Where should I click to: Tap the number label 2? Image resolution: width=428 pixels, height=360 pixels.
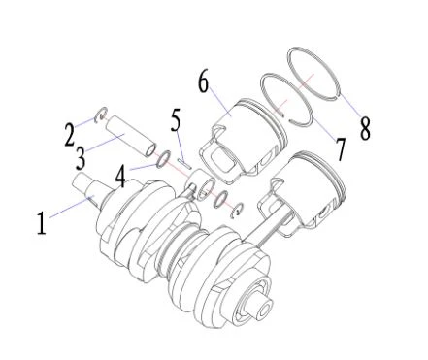click(69, 135)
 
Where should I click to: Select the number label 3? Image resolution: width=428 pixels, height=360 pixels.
click(81, 158)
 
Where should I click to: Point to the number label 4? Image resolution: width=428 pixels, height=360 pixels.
click(120, 177)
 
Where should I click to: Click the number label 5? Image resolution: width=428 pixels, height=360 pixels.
click(176, 120)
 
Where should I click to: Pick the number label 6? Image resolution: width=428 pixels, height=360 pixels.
click(203, 82)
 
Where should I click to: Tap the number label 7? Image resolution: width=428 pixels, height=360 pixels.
click(341, 149)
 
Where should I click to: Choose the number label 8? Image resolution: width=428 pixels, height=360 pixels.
click(365, 128)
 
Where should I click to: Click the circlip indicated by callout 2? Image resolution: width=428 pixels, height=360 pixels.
click(101, 115)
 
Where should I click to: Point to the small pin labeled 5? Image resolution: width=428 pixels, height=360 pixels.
click(184, 163)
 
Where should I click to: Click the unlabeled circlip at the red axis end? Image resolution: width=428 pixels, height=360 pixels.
click(237, 211)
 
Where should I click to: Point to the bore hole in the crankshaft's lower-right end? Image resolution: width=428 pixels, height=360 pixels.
click(265, 310)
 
